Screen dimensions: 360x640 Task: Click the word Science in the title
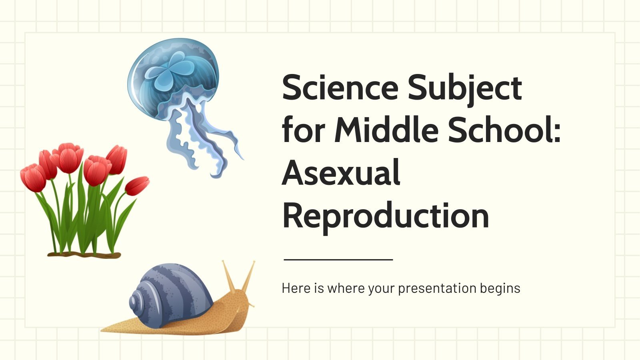pyautogui.click(x=340, y=88)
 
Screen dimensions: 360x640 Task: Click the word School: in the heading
pyautogui.click(x=504, y=130)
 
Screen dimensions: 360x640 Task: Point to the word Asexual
pyautogui.click(x=341, y=173)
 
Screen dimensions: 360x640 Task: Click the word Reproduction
pyautogui.click(x=385, y=216)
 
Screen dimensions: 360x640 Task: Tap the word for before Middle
pyautogui.click(x=302, y=130)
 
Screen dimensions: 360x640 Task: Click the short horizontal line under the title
pyautogui.click(x=338, y=260)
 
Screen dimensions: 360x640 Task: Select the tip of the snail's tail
pyautogui.click(x=106, y=330)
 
